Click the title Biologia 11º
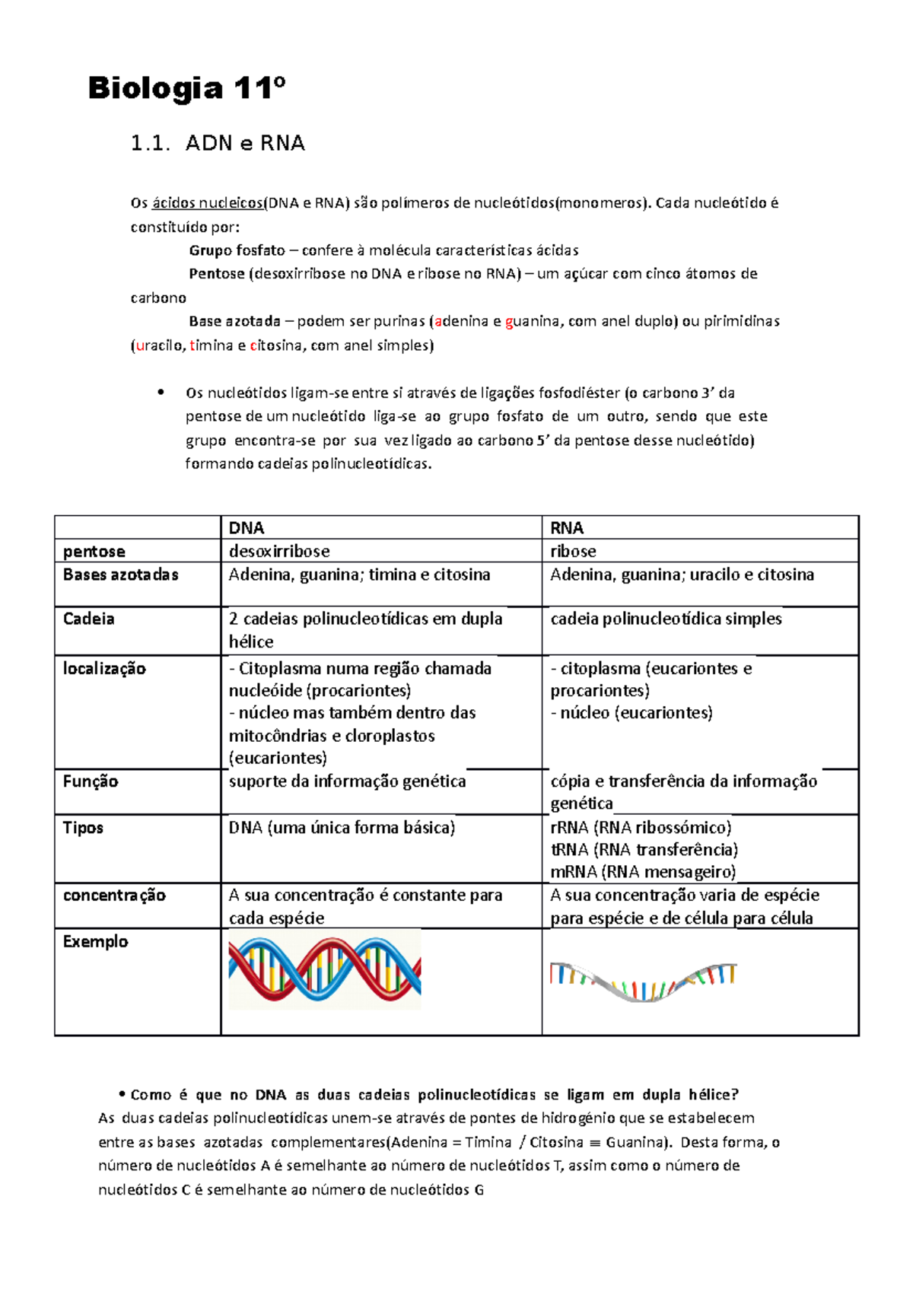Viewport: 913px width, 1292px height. pyautogui.click(x=186, y=89)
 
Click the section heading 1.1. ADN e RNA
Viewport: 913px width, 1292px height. pyautogui.click(x=218, y=143)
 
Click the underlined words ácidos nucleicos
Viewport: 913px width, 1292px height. pyautogui.click(x=207, y=203)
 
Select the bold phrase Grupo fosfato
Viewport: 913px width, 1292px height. pyautogui.click(x=237, y=250)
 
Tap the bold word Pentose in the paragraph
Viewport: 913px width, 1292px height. pyautogui.click(x=216, y=274)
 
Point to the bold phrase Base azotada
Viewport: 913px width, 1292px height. pyautogui.click(x=234, y=321)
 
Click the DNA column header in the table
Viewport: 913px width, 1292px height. pyautogui.click(x=247, y=528)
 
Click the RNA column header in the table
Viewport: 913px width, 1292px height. pyautogui.click(x=567, y=528)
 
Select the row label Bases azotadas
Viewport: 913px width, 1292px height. pyautogui.click(x=120, y=575)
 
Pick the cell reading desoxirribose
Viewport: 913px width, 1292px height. pyautogui.click(x=279, y=551)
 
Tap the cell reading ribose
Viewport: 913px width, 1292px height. pyautogui.click(x=573, y=551)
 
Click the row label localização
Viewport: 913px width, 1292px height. pyautogui.click(x=104, y=669)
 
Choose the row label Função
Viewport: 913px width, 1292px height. pyautogui.click(x=91, y=781)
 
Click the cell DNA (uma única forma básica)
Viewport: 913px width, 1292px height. pyautogui.click(x=342, y=828)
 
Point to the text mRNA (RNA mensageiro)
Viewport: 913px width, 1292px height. pyautogui.click(x=643, y=872)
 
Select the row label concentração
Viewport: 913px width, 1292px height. pyautogui.click(x=114, y=896)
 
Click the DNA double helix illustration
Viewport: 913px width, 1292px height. pyautogui.click(x=325, y=970)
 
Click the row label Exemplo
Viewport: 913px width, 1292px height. pyautogui.click(x=95, y=942)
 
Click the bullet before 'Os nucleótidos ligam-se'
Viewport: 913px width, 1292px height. pyautogui.click(x=160, y=393)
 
